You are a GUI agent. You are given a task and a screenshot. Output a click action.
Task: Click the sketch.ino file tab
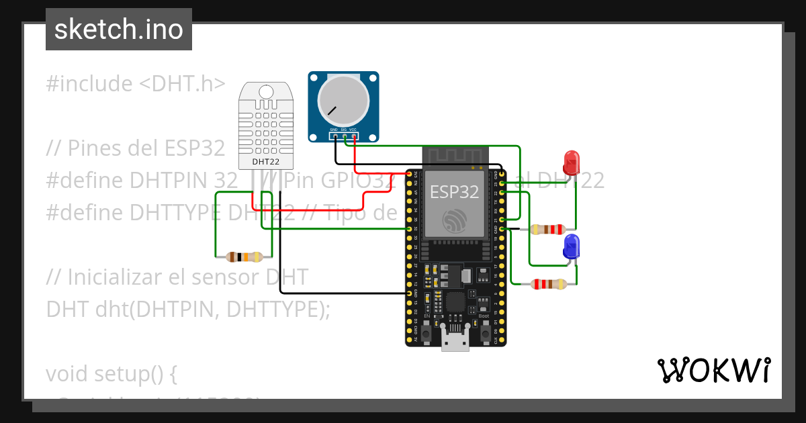pos(119,30)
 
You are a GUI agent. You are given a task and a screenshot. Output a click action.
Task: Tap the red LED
pos(571,163)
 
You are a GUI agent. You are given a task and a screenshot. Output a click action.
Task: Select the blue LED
pos(572,247)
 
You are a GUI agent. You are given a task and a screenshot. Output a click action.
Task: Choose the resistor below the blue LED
pos(548,284)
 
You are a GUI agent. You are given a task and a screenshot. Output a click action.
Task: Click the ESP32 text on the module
pos(454,192)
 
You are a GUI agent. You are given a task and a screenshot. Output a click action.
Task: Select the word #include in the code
pos(89,84)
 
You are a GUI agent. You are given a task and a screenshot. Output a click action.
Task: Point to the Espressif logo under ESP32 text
pos(454,222)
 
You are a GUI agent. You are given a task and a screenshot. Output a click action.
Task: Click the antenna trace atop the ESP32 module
pos(454,156)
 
